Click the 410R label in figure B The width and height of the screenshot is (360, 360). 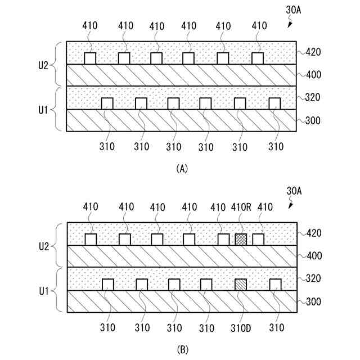coord(241,208)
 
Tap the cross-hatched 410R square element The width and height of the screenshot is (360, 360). coord(241,239)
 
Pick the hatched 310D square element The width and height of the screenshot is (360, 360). coord(241,285)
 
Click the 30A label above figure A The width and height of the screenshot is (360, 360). coord(294,10)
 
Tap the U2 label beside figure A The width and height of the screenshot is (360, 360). coord(43,64)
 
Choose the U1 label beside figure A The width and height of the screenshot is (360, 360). coord(43,109)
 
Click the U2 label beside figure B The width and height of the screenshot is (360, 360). coord(43,245)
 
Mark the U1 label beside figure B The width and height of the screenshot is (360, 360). coord(43,290)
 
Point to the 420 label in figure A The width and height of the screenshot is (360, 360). coord(313,53)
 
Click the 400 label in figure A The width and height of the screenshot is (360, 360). coord(313,75)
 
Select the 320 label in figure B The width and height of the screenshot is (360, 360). coord(313,278)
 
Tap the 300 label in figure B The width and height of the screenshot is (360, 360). coord(313,301)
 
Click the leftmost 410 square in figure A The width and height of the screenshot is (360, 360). coord(90,58)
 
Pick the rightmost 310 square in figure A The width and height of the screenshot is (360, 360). coord(274,103)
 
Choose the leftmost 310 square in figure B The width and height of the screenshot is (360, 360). coord(107,285)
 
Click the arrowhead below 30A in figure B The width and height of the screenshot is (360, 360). coord(290,206)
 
